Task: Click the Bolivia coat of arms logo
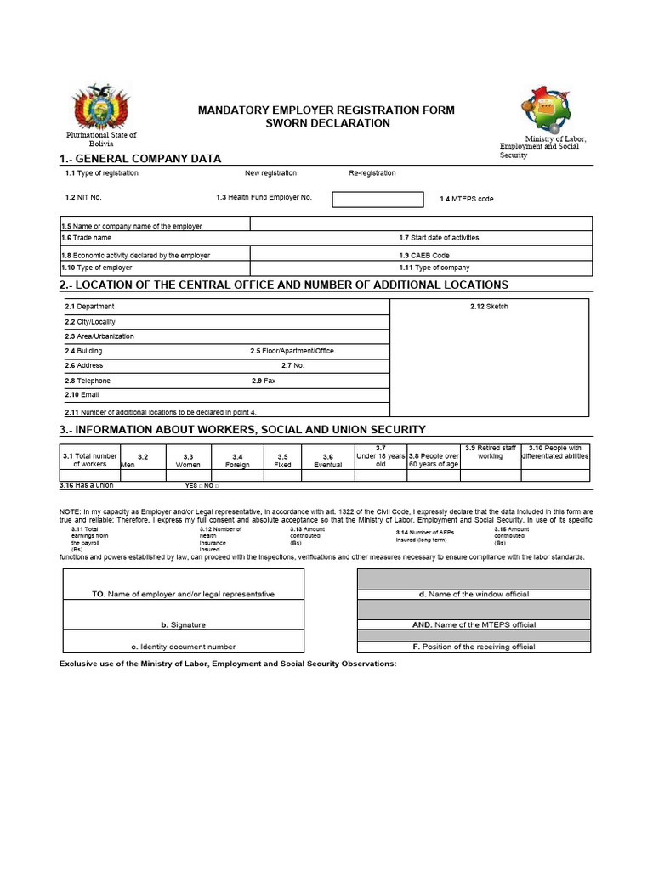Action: coord(100,108)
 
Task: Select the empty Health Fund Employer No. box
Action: coord(377,200)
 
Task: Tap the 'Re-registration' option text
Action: coord(372,173)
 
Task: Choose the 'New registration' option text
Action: coord(270,173)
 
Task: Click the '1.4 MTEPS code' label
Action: coord(466,199)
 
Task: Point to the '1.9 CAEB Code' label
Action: coord(424,255)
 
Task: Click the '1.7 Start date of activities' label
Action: coord(439,238)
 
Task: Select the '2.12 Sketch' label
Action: coord(489,307)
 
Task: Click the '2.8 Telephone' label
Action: coord(88,381)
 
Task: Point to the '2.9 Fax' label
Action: coord(264,381)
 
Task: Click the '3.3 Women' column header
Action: coord(188,460)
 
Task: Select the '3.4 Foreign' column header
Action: coord(237,460)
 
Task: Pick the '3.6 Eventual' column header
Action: coord(327,460)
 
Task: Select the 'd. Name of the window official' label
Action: coord(474,595)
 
